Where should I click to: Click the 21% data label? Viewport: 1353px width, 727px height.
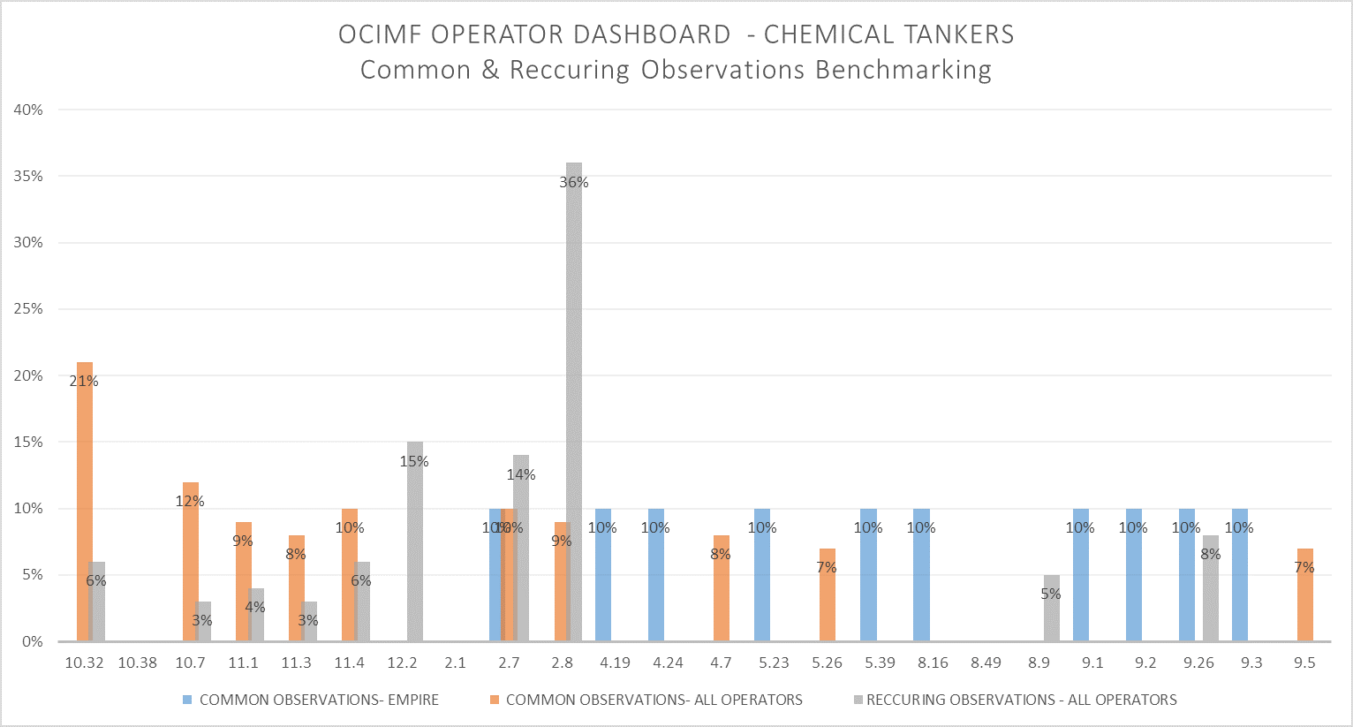[x=84, y=382]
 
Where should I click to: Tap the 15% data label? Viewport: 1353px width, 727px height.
[x=414, y=462]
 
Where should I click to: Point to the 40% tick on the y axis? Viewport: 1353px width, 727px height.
[x=28, y=110]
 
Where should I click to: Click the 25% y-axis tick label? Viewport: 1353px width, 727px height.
[x=28, y=309]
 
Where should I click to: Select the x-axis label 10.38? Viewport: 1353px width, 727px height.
[x=138, y=663]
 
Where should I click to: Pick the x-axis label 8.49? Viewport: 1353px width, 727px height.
[x=986, y=663]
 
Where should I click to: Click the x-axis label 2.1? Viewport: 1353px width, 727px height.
[x=456, y=663]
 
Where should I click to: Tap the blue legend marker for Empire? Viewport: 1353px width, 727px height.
[x=187, y=700]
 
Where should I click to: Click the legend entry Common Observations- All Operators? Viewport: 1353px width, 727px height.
[x=654, y=700]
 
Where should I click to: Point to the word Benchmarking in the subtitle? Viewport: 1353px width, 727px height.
[x=903, y=70]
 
